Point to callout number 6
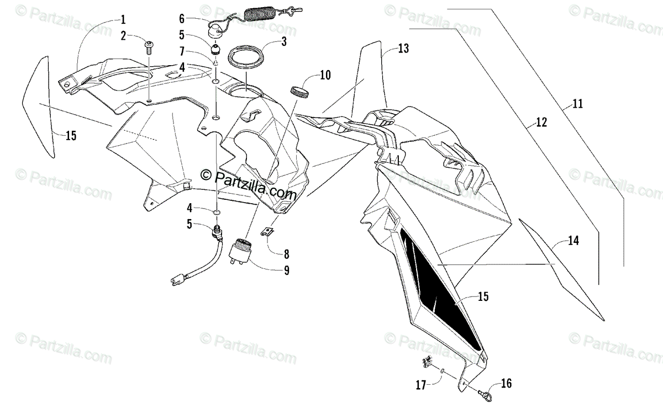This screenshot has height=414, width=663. click(182, 18)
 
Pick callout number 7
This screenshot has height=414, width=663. click(182, 50)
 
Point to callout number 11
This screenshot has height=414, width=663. click(577, 103)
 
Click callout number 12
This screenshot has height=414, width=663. click(541, 123)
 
